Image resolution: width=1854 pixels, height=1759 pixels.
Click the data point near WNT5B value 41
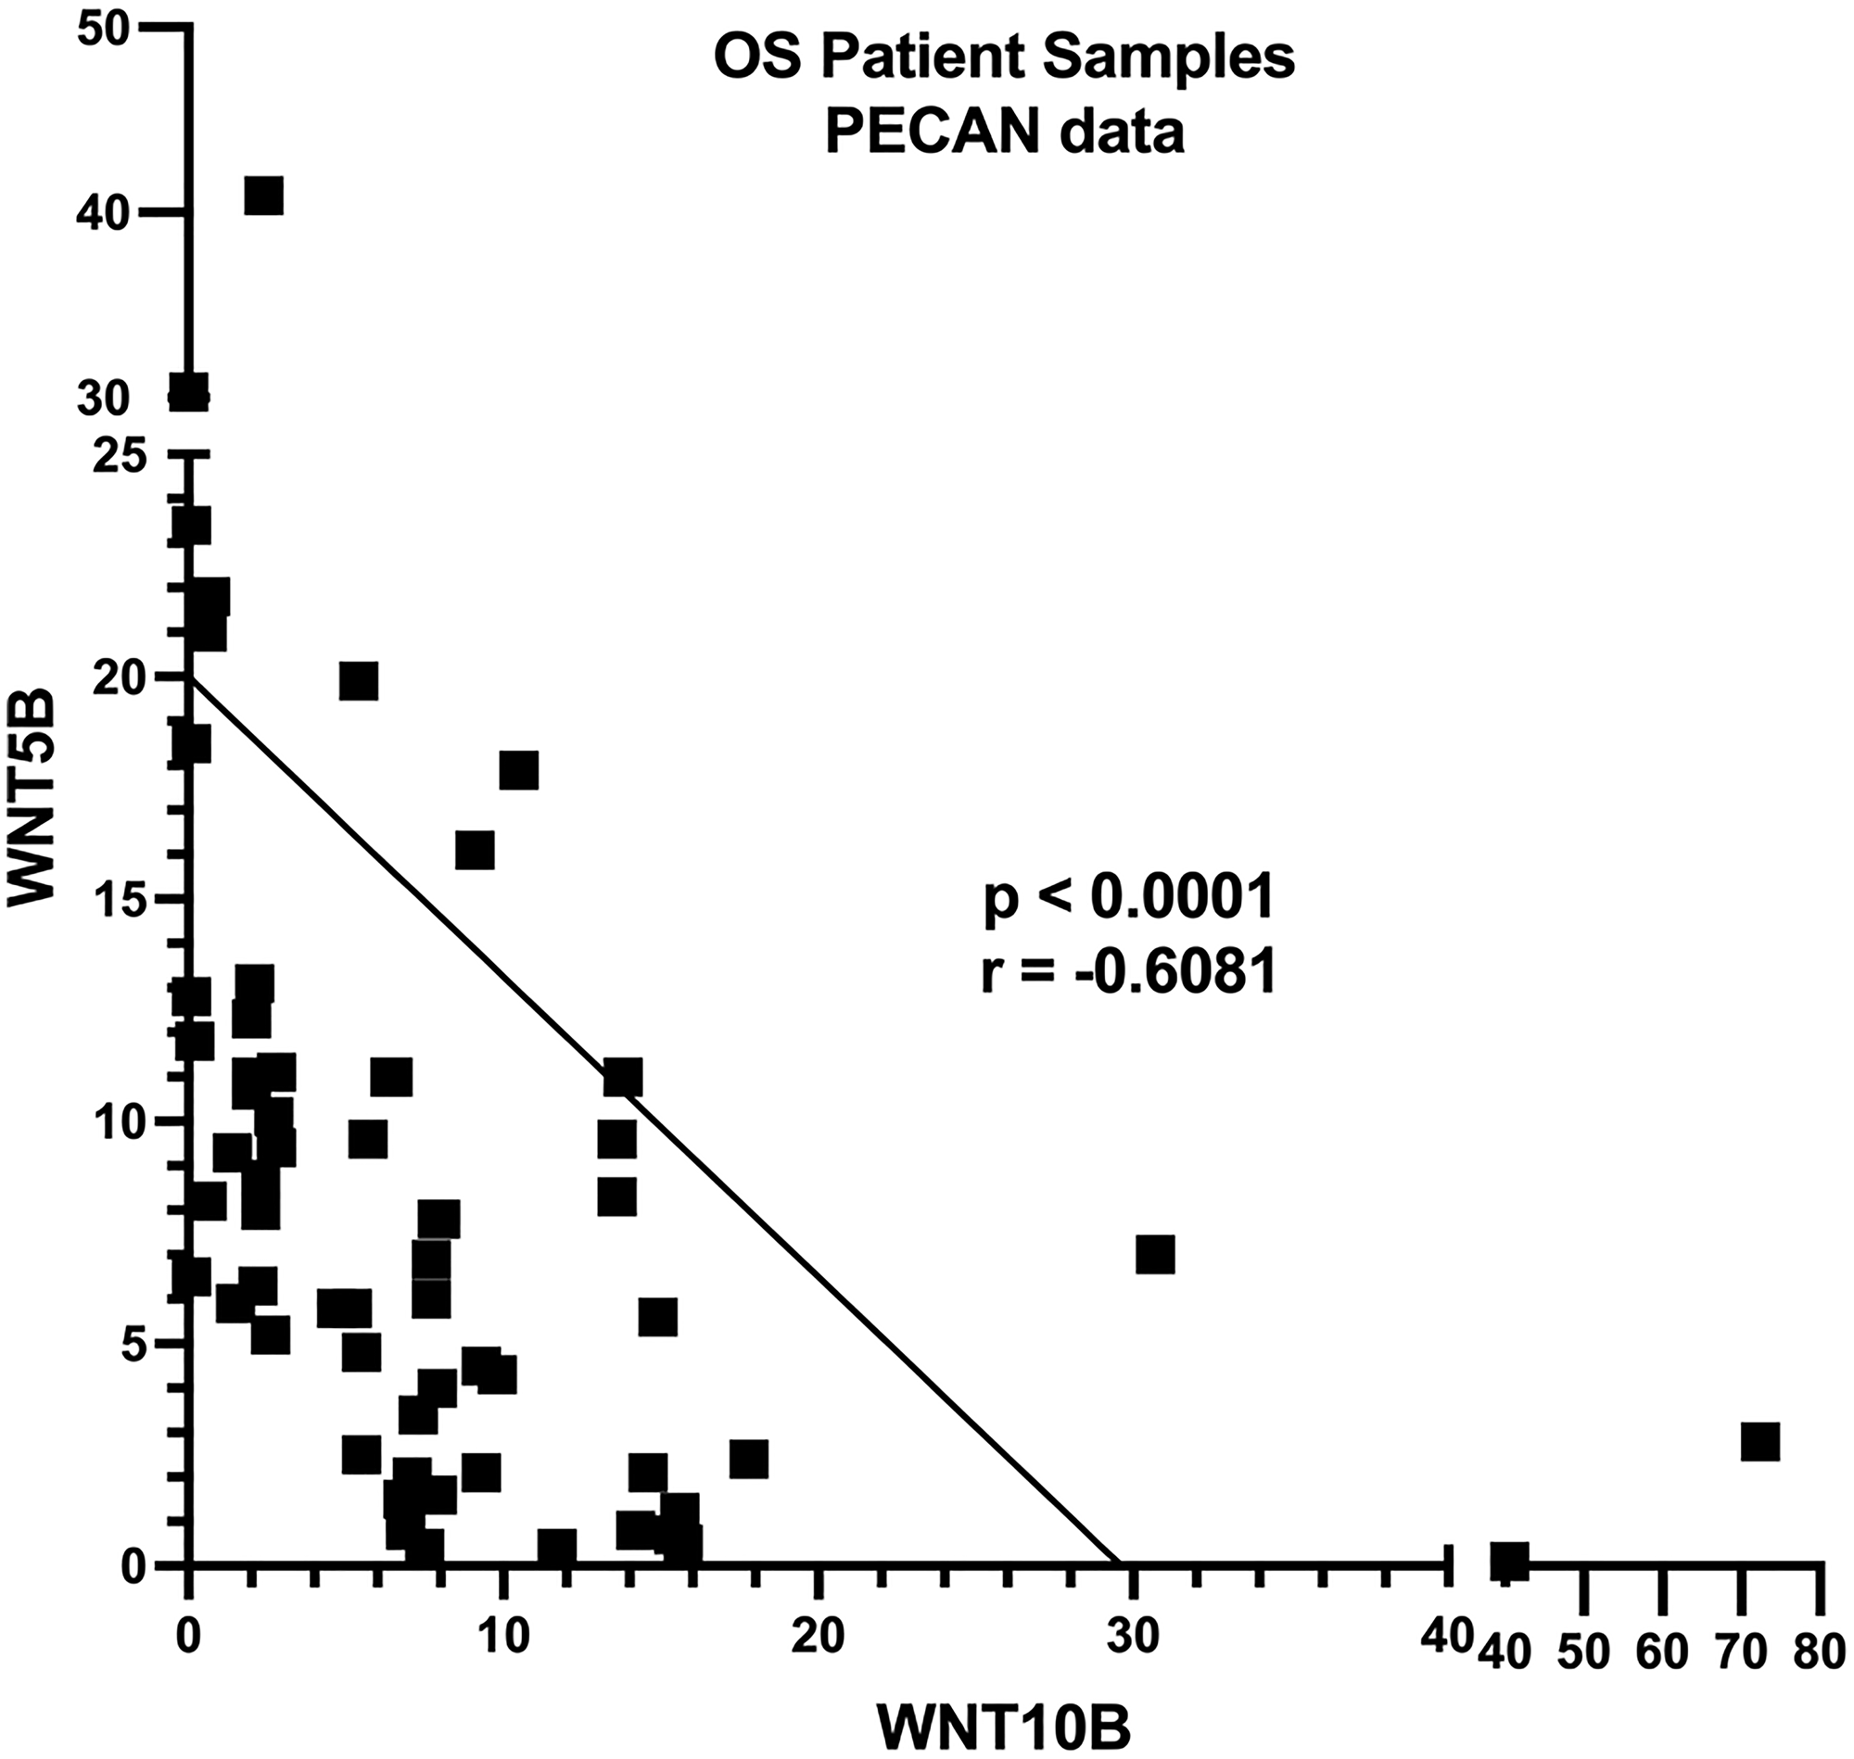(x=263, y=196)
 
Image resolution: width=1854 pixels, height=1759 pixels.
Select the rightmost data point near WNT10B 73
(x=1760, y=1441)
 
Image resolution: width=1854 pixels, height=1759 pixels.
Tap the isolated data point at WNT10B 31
(x=1155, y=1255)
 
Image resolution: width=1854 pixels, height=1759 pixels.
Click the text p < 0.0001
(x=1129, y=897)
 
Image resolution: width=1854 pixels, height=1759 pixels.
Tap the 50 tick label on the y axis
(x=104, y=28)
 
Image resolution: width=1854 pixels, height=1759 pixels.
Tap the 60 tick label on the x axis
(x=1662, y=1652)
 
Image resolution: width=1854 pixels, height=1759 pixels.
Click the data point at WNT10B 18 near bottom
(x=748, y=1460)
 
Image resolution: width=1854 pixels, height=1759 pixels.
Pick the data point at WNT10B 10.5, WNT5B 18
(x=518, y=770)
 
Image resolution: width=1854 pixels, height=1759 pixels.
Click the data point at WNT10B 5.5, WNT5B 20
(x=359, y=681)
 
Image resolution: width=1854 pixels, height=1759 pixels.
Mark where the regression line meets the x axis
(x=1119, y=1563)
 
